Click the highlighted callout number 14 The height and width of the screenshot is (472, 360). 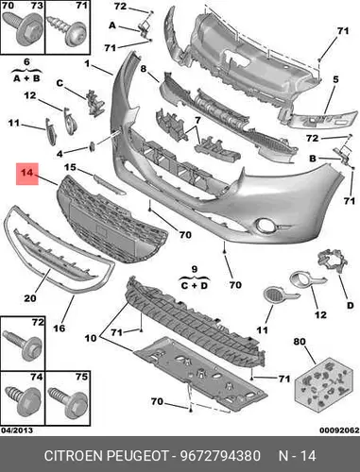[x=27, y=173]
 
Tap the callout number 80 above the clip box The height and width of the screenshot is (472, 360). [x=300, y=341]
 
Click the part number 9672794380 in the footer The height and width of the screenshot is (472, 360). [x=220, y=456]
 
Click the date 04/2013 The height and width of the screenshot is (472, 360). [x=17, y=430]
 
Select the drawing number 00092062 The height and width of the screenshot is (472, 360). [x=339, y=430]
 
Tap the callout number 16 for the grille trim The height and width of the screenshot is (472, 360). [x=59, y=329]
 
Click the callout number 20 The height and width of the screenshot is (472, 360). [x=30, y=297]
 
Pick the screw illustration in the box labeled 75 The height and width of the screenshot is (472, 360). [x=68, y=402]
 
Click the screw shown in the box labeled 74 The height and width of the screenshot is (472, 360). [x=23, y=402]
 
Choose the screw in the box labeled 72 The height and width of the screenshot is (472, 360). [x=23, y=346]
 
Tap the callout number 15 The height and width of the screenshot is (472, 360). [x=71, y=167]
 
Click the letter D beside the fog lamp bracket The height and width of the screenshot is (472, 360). [x=350, y=305]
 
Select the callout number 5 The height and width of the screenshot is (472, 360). [x=335, y=79]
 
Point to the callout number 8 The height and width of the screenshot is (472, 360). [x=144, y=68]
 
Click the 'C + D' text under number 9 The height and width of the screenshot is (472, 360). [x=195, y=286]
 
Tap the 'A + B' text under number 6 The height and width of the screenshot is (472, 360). [x=26, y=78]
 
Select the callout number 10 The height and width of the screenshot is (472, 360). [x=91, y=338]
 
